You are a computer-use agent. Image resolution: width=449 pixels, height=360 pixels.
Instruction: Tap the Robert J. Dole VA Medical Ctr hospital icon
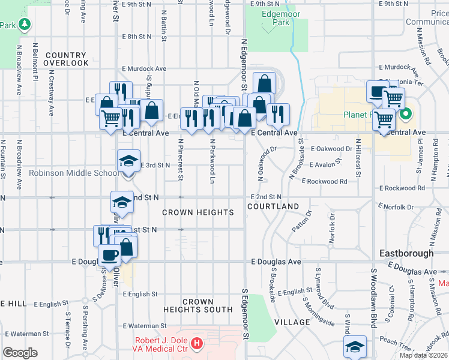click(197, 344)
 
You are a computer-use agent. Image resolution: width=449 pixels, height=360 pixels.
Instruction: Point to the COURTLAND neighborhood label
click(273, 206)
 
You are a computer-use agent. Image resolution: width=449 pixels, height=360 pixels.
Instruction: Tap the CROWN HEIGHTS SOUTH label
click(198, 305)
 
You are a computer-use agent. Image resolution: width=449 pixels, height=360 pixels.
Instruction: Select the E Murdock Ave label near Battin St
click(144, 69)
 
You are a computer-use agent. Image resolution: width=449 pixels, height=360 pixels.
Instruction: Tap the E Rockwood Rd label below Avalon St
click(325, 181)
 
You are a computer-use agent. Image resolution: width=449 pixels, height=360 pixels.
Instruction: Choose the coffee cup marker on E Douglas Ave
click(109, 255)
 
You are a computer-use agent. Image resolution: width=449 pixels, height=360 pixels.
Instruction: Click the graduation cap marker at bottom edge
click(355, 346)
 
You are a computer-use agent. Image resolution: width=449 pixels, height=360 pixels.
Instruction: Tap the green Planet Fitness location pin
click(406, 113)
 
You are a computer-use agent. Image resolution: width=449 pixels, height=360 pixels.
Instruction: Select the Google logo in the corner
click(20, 353)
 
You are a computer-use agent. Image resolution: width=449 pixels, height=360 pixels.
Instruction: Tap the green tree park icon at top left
click(24, 25)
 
